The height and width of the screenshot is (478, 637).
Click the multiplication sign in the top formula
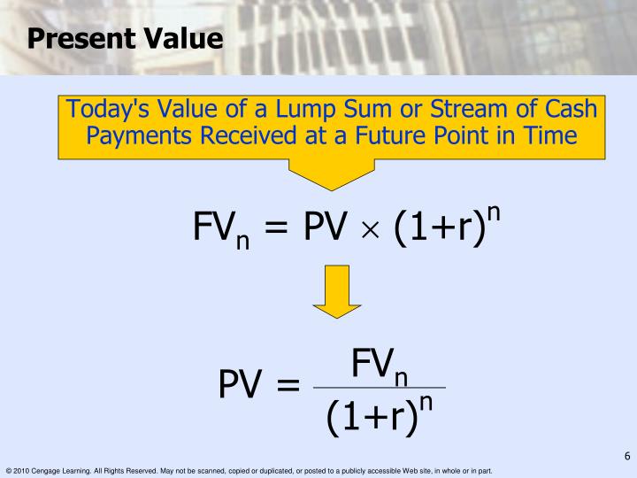tap(370, 230)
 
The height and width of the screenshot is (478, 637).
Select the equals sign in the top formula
tap(276, 229)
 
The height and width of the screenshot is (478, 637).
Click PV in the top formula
tap(324, 228)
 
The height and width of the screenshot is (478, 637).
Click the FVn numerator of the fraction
tap(379, 365)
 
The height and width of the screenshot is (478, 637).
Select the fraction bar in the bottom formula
tap(380, 388)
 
